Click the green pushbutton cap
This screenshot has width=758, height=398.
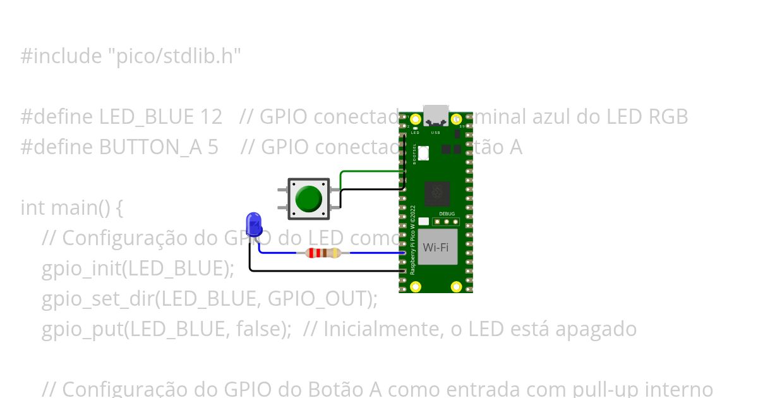coord(308,198)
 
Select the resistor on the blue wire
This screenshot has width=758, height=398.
coord(323,253)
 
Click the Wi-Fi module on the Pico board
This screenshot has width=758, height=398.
coord(436,247)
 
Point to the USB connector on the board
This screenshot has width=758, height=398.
coord(435,116)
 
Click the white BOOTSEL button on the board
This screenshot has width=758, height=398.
coord(423,152)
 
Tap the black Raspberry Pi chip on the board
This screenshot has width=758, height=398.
coord(437,193)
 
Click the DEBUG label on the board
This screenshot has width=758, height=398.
coord(447,214)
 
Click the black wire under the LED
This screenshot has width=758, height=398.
coord(316,270)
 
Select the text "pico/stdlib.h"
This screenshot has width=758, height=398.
coord(174,56)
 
